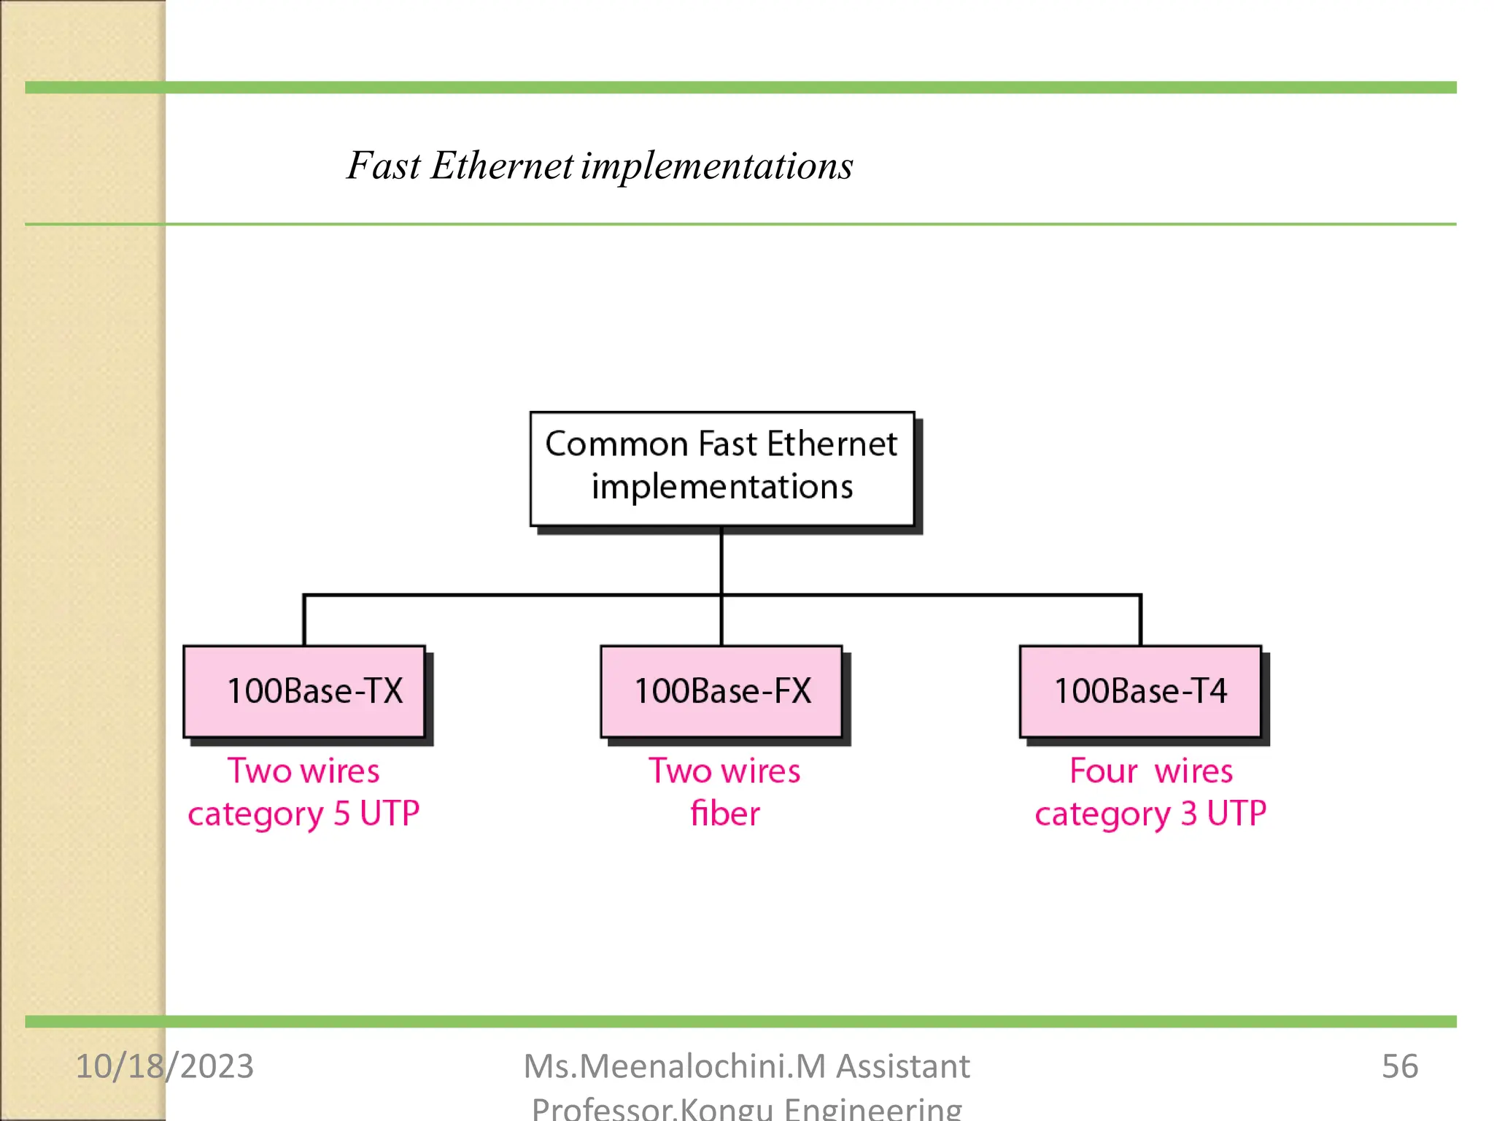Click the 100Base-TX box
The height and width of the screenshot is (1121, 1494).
[x=304, y=691]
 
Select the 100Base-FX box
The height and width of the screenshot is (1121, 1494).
[x=721, y=691]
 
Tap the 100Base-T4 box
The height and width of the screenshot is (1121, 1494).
[x=1140, y=691]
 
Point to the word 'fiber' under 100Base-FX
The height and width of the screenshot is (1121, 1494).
[x=724, y=814]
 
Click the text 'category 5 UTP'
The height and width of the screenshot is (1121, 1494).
[x=303, y=814]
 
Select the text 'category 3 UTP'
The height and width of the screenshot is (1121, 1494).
[x=1150, y=814]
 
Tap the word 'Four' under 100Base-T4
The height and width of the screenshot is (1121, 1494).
[x=1103, y=771]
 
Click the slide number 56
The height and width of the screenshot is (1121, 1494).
[x=1399, y=1066]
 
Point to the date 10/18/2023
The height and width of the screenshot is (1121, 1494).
[x=165, y=1066]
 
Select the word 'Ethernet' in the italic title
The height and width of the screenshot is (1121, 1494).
[x=502, y=166]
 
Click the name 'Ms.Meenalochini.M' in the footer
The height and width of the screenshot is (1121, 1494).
[x=675, y=1066]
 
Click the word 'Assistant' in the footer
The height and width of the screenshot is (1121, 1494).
[x=903, y=1066]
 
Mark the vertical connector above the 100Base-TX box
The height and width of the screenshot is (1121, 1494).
[x=304, y=620]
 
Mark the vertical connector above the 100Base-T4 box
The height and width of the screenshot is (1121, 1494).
[x=1140, y=620]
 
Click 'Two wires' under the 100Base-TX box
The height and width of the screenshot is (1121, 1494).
[x=303, y=771]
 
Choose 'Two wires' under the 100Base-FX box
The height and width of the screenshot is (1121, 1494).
[x=724, y=771]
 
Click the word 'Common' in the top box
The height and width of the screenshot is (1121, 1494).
[x=616, y=444]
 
